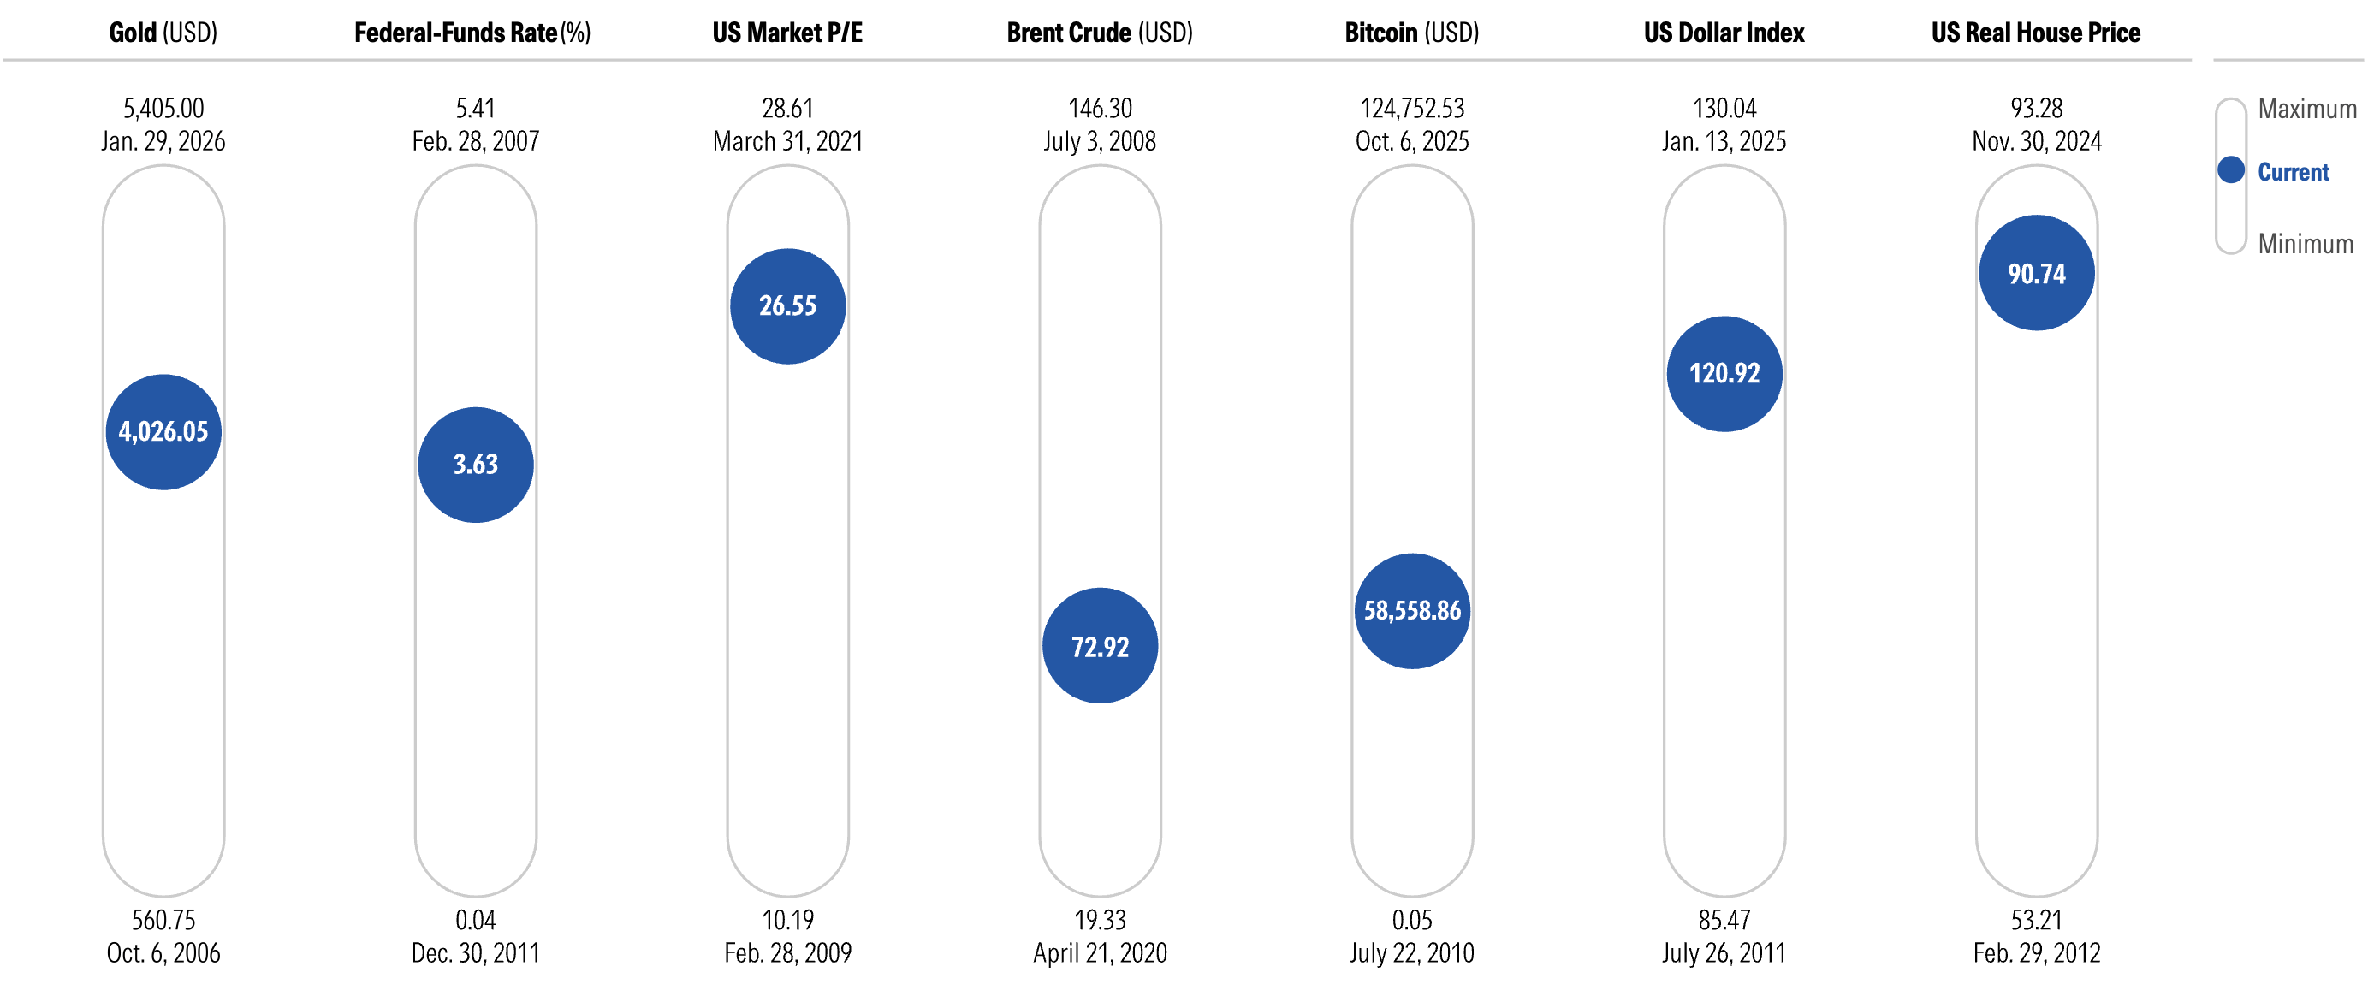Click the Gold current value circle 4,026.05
tap(163, 431)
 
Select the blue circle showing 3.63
tap(476, 465)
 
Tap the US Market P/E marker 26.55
tap(788, 305)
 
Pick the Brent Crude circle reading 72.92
tap(1101, 646)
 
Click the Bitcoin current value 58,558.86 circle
tap(1413, 611)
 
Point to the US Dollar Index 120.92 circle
tap(1724, 373)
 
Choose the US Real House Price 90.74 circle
tap(2037, 273)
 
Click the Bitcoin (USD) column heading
tap(1412, 33)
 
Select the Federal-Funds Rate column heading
tap(472, 33)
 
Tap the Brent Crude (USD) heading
tap(1101, 33)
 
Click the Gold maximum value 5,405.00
tap(163, 109)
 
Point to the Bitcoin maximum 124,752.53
tap(1413, 109)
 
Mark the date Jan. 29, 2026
tap(163, 142)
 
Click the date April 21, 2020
tap(1101, 952)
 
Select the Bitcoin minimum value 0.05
tap(1413, 920)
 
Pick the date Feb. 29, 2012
tap(2037, 952)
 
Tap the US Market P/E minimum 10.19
tap(788, 920)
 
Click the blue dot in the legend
tap(2231, 170)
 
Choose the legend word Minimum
tap(2306, 244)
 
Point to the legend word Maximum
tap(2307, 109)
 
